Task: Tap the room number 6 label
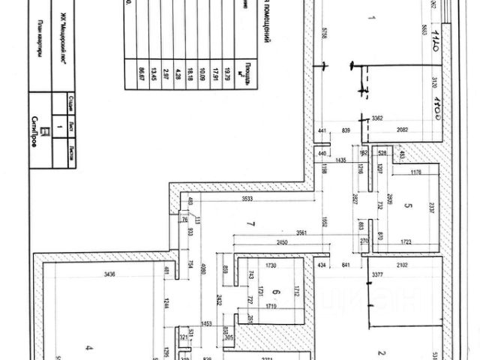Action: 276,292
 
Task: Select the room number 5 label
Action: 409,204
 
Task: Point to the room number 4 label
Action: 88,346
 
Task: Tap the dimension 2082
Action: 402,130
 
